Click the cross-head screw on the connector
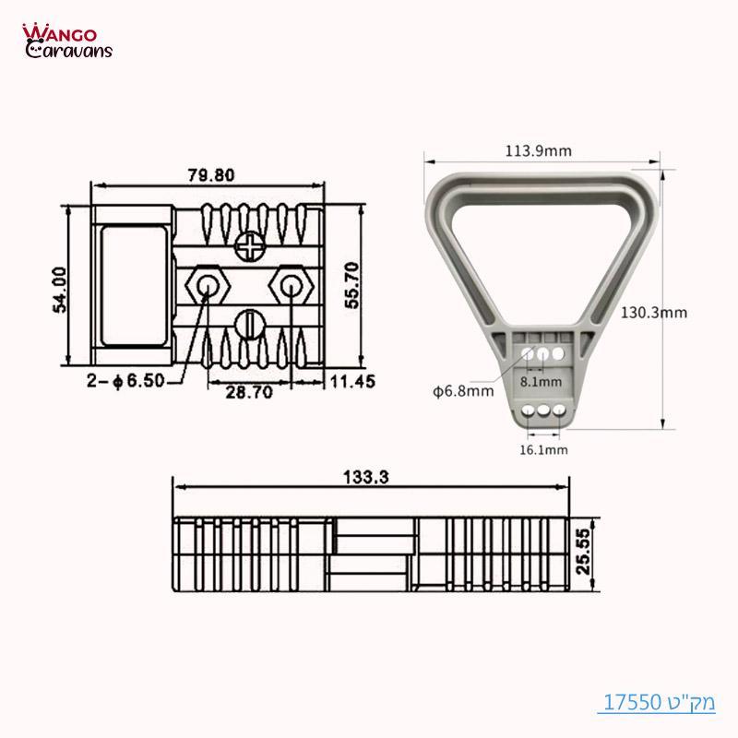click(249, 246)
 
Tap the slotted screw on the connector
click(249, 323)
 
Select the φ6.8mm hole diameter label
click(463, 391)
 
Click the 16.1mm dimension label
click(544, 449)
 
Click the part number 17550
click(635, 702)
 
